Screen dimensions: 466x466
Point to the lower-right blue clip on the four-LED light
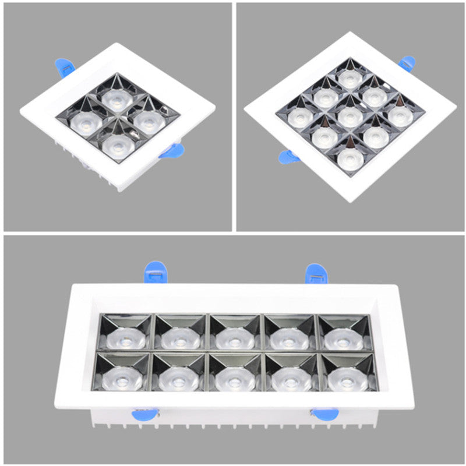point(171,152)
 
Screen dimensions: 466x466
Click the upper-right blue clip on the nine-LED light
point(406,62)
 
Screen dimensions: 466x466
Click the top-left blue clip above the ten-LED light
point(155,271)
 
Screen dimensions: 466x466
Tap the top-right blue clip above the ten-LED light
point(316,273)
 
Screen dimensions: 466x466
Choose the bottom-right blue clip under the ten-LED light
point(323,414)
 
